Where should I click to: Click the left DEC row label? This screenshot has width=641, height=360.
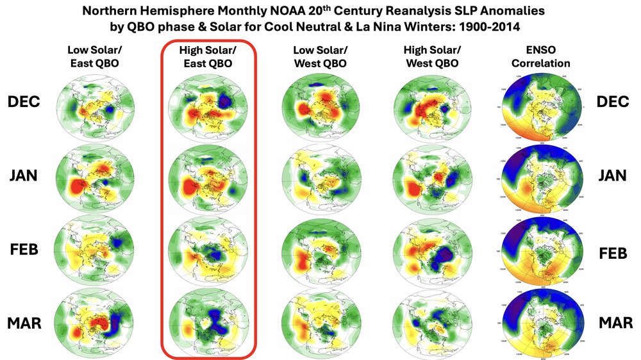coord(25,102)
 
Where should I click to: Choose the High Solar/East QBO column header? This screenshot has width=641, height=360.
coord(207,57)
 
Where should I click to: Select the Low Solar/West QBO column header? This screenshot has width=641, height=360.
coord(319,57)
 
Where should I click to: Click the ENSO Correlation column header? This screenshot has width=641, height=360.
coord(542,57)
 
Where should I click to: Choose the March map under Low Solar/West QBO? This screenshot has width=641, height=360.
coord(319,323)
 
